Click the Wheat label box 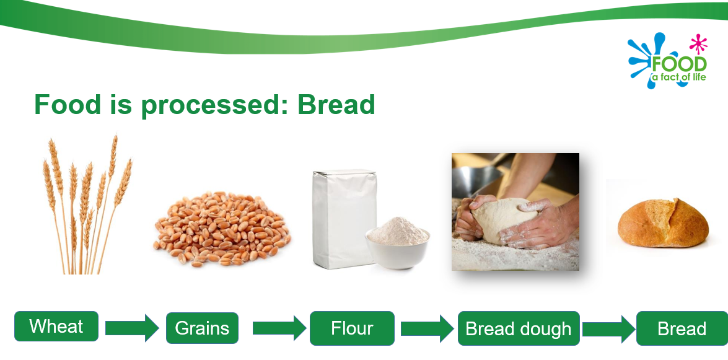(56, 326)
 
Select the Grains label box (202, 328)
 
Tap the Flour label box (352, 328)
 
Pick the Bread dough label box (519, 328)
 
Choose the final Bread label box (682, 328)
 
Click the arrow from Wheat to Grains (133, 328)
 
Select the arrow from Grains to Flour (279, 328)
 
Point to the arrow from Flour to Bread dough (427, 328)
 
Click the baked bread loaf (663, 222)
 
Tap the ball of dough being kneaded (501, 219)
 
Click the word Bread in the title (336, 105)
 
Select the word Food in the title (68, 105)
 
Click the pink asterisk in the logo (698, 44)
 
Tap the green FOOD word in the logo (679, 64)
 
